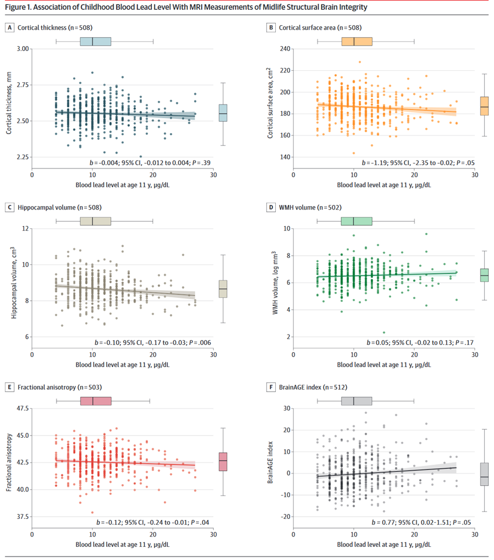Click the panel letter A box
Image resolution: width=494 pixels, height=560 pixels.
[10, 27]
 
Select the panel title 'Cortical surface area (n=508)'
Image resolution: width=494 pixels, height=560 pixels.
[319, 27]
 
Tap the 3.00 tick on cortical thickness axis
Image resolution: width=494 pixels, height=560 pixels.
[21, 49]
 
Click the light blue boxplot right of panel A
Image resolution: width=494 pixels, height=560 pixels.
[223, 113]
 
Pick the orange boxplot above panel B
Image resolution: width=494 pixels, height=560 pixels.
[356, 41]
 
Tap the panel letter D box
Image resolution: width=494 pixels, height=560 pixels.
[271, 207]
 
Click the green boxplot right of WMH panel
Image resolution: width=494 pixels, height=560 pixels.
[484, 275]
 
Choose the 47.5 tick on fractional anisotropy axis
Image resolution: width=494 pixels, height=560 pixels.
[20, 409]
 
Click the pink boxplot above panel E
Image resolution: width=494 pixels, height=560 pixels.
[95, 401]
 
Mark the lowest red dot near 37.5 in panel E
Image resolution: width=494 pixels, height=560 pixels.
[92, 512]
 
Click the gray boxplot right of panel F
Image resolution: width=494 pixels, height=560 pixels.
[484, 474]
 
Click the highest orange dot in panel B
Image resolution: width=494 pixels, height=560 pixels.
[360, 62]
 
